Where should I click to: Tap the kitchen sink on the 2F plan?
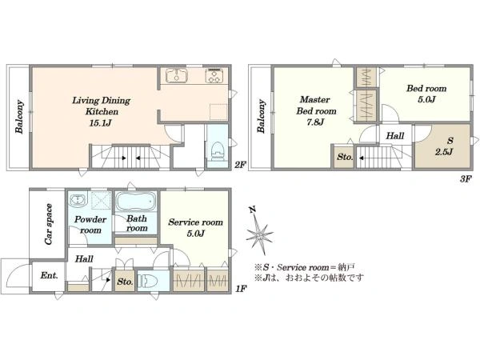coord(177,74)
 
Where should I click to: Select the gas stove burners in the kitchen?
coord(214,76)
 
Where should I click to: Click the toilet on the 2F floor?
coord(218,151)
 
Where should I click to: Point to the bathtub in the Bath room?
coord(137,201)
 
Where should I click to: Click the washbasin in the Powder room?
coord(78,200)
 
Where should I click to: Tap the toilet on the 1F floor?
coord(148,281)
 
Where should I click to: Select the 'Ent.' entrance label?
coord(49,275)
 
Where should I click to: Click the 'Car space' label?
coord(49,224)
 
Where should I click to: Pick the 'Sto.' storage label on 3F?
coord(345,157)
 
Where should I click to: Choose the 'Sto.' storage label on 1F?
coord(125,282)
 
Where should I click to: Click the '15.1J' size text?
coord(100,123)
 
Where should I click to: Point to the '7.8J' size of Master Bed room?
coord(315,122)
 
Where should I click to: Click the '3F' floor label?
coord(466,179)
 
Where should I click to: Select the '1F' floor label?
coord(241,288)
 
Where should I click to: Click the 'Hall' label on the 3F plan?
coord(395,136)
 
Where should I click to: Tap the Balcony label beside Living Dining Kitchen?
coord(19,117)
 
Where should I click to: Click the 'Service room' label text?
coord(195,222)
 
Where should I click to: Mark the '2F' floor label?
coord(241,165)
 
